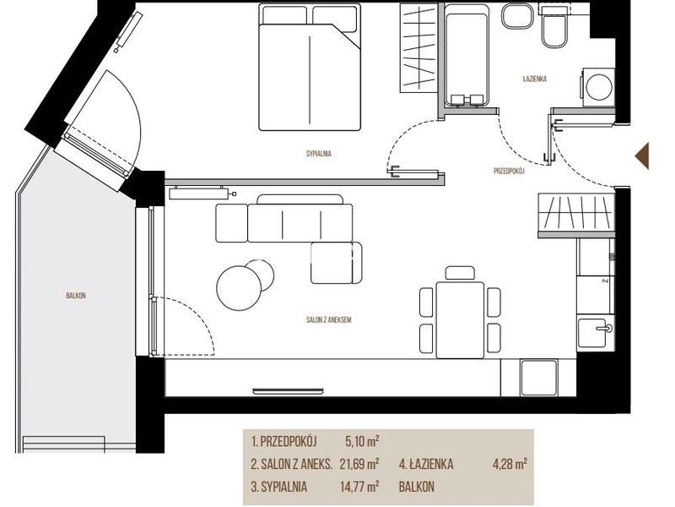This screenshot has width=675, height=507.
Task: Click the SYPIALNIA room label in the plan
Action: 319,154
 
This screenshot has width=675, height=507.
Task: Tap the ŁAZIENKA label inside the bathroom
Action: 535,79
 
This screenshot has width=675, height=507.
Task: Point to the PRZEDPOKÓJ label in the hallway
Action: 509,172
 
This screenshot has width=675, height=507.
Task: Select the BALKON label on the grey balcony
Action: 76,296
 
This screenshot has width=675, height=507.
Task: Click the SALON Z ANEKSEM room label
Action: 329,320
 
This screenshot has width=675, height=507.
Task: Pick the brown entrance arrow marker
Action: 642,155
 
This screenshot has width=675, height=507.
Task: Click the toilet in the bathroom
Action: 554,27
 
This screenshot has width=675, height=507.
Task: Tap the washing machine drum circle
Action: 599,87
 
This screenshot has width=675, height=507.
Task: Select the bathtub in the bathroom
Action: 467,55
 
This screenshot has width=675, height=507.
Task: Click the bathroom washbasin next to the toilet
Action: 517,16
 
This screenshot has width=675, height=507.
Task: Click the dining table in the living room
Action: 460,320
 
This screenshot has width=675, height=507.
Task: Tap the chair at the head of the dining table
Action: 460,273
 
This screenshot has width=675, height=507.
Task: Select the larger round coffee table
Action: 239,287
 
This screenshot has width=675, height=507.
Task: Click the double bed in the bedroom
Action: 310,67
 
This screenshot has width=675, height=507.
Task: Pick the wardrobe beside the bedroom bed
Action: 418,47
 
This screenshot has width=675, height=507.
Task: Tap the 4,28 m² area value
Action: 510,464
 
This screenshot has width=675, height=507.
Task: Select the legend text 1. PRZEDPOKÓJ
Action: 284,441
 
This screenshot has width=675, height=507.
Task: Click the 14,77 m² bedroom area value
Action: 359,487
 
